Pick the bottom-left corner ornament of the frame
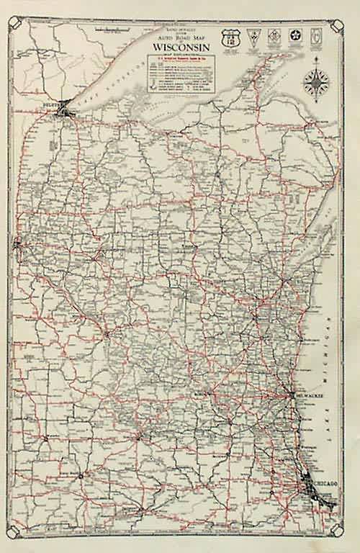(x=19, y=531)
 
